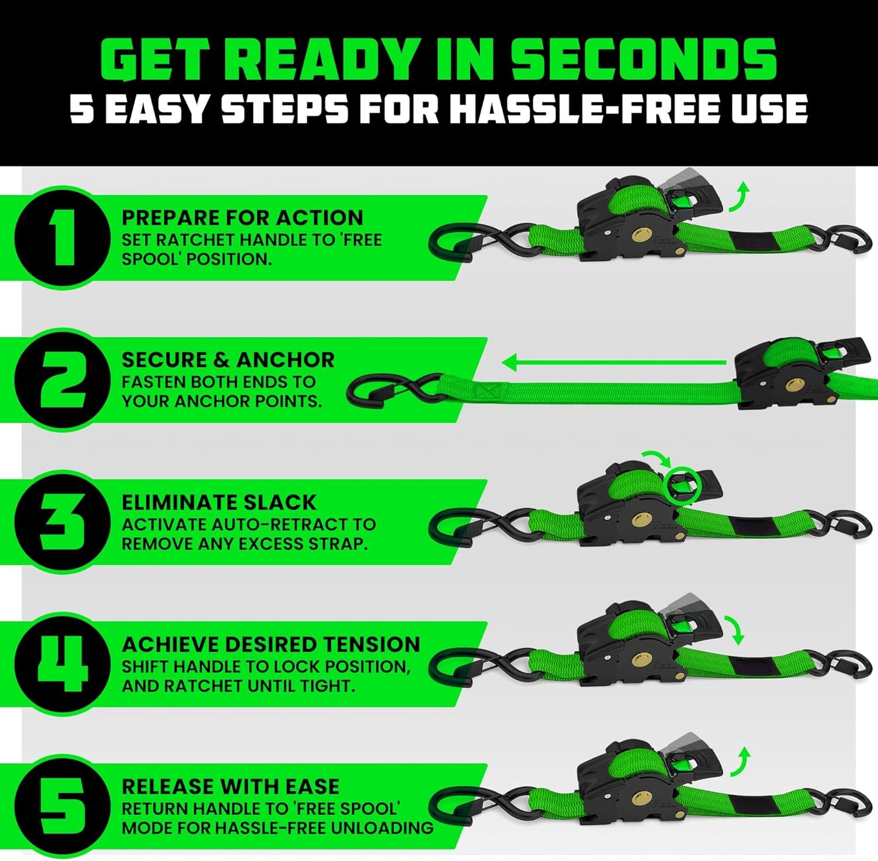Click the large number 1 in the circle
point(57,237)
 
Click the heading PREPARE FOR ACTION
point(242,217)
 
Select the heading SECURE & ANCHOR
point(228,359)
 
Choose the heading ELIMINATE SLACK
point(219,502)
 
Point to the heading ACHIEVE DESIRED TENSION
point(271,644)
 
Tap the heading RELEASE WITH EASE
point(230,786)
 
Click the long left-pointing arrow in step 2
point(614,363)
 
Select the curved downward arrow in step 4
point(738,631)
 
